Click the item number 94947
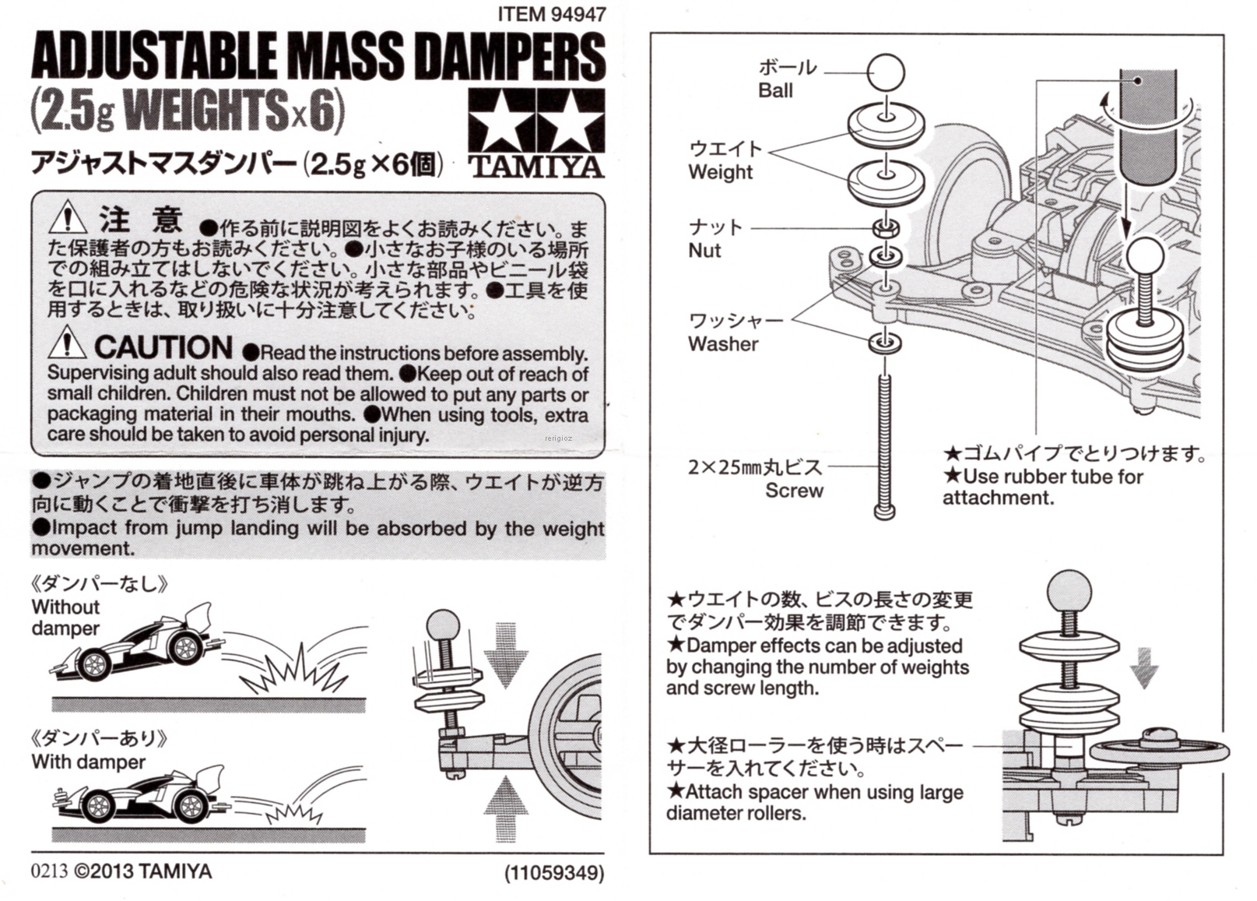(578, 14)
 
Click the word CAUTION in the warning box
(163, 347)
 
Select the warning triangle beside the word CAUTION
(68, 344)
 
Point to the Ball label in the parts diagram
(775, 90)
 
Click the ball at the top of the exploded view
(886, 73)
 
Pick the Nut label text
(704, 251)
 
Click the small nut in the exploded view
(886, 228)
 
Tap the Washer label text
(723, 344)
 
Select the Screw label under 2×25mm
(794, 491)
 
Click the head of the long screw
(885, 512)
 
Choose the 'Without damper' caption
(66, 618)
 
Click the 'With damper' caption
(89, 762)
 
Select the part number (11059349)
(554, 873)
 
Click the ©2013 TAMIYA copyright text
(143, 871)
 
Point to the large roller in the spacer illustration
(1160, 751)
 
